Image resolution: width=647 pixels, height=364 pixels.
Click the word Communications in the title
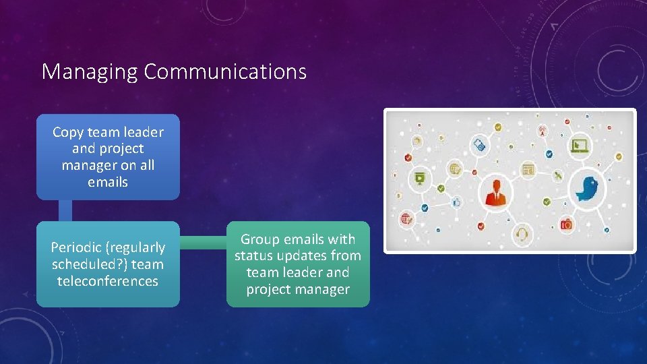225,71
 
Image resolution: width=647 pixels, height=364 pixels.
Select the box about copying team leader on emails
108,157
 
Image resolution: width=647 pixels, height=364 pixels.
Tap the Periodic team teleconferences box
108,264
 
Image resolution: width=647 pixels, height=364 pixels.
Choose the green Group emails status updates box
298,264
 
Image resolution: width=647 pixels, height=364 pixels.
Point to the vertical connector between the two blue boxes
65,210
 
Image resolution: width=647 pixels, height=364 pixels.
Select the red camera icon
566,224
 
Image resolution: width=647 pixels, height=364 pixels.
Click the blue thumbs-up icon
456,202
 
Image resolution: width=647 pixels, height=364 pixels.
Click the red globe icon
406,218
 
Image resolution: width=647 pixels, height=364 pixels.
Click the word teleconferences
108,281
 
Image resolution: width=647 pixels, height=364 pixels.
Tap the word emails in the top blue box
108,182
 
